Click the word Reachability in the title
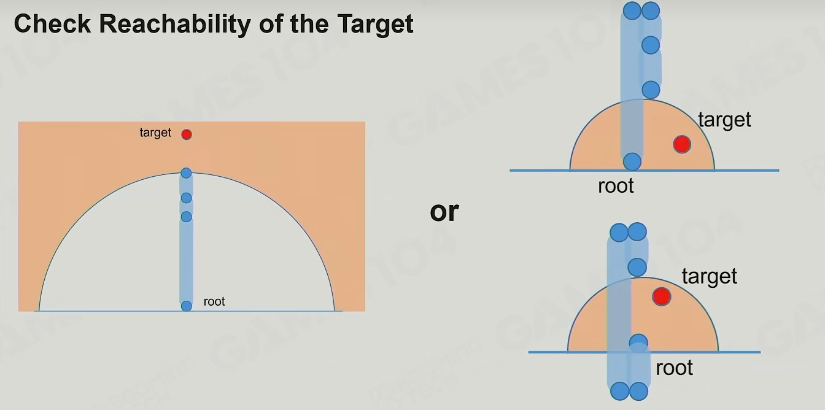(x=175, y=25)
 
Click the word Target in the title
(x=375, y=25)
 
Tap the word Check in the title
(x=52, y=24)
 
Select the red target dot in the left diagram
(x=187, y=134)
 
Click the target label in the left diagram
(x=155, y=133)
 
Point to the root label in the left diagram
(x=214, y=301)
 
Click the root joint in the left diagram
(x=187, y=306)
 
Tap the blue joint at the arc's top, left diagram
(x=187, y=173)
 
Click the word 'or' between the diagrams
(x=444, y=212)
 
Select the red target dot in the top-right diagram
(x=682, y=144)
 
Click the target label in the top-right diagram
(x=724, y=120)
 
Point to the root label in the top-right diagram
(x=616, y=185)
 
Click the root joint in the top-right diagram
(x=632, y=161)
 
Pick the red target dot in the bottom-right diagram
(x=662, y=296)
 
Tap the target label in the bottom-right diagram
(x=710, y=276)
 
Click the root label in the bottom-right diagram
(x=675, y=368)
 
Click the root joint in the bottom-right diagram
(x=638, y=342)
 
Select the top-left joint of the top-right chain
(x=632, y=10)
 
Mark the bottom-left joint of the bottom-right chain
(x=620, y=391)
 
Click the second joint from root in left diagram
(x=187, y=217)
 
